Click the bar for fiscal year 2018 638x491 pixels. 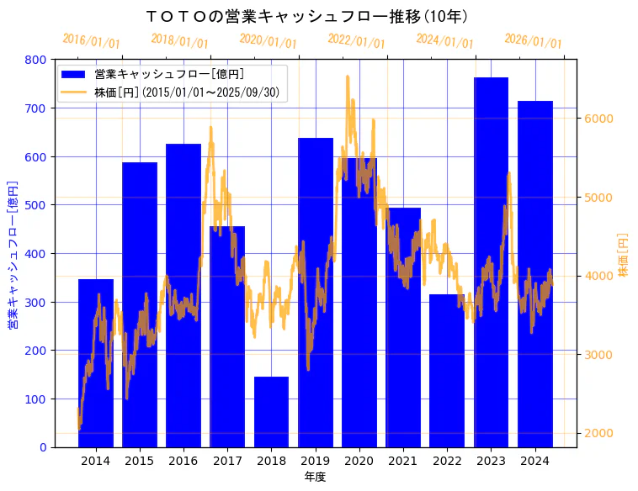[x=271, y=412]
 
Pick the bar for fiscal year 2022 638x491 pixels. [x=447, y=371]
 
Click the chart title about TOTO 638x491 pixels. [x=307, y=16]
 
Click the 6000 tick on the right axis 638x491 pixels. [x=599, y=119]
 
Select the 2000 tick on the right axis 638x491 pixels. [x=599, y=433]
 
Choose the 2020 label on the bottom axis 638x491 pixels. [x=359, y=460]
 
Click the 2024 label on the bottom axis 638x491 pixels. [x=534, y=460]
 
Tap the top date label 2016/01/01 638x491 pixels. [x=92, y=41]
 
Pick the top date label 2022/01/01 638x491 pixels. [x=356, y=41]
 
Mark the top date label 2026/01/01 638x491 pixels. [x=533, y=41]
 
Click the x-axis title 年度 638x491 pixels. [x=316, y=477]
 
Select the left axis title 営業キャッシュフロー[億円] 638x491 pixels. [x=13, y=253]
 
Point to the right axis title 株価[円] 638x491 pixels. [x=624, y=256]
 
